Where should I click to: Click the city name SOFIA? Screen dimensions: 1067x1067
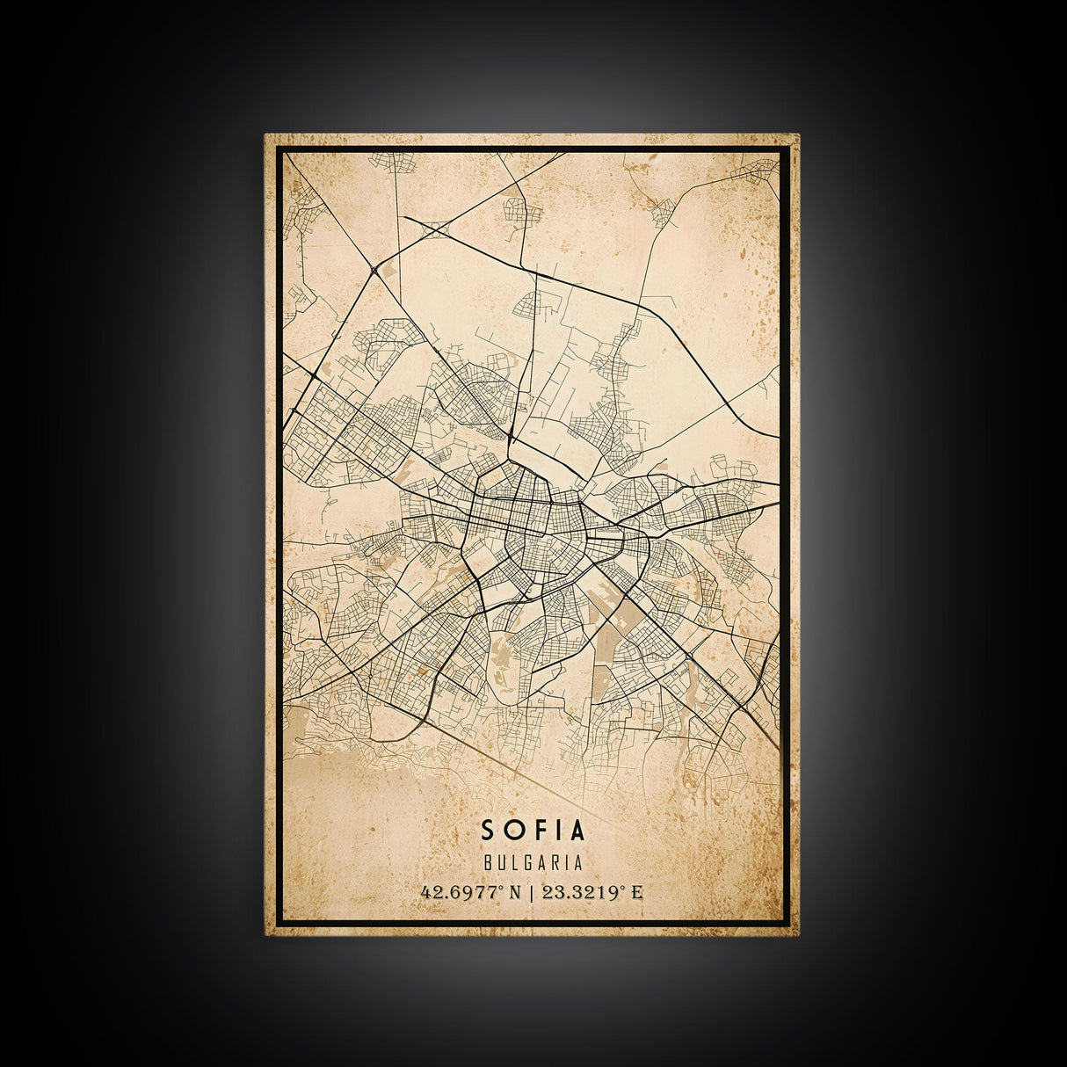tap(533, 829)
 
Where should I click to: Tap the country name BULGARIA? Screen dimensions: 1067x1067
tap(533, 865)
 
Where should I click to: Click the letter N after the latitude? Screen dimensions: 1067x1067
tap(515, 893)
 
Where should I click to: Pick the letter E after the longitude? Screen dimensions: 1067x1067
tap(637, 893)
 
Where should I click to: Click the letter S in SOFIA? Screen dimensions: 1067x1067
tap(487, 829)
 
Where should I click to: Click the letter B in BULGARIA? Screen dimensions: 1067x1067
tap(488, 865)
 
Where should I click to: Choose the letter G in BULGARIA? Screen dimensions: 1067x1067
tap(526, 865)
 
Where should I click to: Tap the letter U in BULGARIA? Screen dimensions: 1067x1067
tap(500, 865)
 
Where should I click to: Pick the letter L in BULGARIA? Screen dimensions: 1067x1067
tap(512, 865)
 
